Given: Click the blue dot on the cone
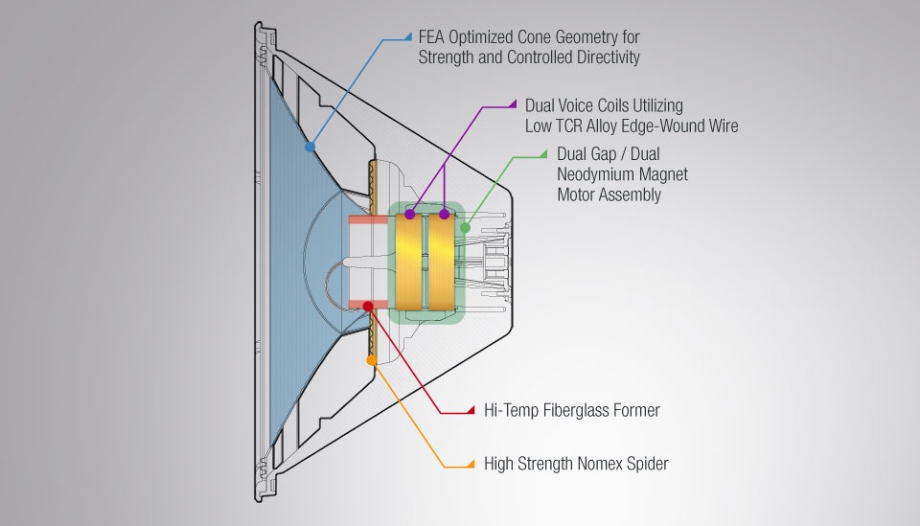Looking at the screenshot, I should [310, 148].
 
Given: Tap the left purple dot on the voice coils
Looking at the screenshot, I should [410, 215].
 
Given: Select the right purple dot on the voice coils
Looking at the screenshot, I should [444, 215].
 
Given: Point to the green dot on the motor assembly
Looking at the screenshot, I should [465, 228].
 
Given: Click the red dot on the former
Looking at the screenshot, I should [368, 306].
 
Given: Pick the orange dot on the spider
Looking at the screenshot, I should [372, 360].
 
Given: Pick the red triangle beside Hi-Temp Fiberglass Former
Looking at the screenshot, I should [471, 411].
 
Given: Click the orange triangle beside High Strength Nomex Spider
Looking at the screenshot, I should [471, 464].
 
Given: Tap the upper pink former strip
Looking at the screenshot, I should [368, 220].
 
